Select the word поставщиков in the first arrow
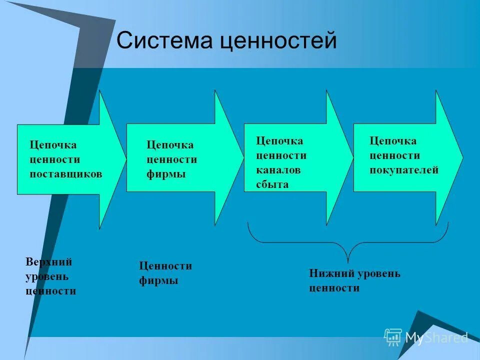[66, 174]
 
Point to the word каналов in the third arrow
[278, 170]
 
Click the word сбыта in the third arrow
[272, 184]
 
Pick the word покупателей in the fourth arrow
[404, 170]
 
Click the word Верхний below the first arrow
[48, 262]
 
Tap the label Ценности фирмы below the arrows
[165, 273]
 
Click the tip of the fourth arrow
[462, 158]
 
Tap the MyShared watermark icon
[393, 337]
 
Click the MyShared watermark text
[436, 338]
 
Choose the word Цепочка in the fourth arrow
[392, 141]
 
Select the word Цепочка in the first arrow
[53, 145]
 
